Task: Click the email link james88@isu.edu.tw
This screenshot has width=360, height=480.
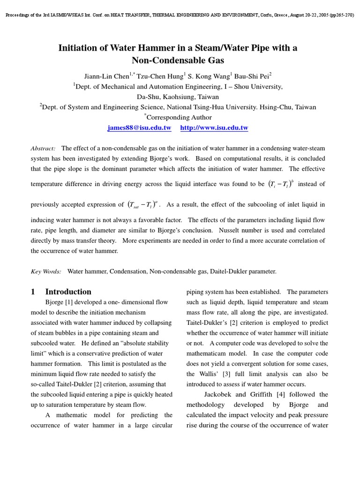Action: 139,128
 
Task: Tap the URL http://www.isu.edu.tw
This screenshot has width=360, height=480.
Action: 214,128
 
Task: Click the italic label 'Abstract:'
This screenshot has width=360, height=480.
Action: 43,148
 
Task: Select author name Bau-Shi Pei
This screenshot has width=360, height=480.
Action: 251,76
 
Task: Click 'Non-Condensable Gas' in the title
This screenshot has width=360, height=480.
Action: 178,60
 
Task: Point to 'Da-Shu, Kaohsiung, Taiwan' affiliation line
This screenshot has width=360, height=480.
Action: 178,97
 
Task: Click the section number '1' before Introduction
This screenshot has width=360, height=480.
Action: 33,292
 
